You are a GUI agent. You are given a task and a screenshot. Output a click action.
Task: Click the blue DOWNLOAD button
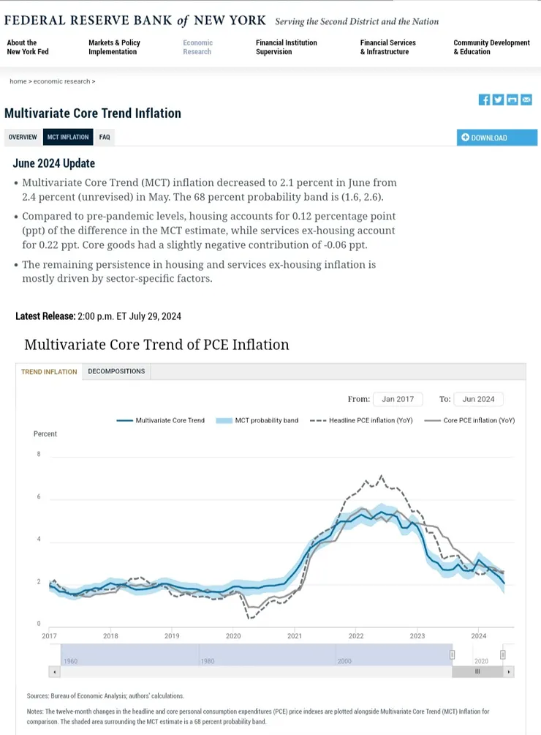pos(496,138)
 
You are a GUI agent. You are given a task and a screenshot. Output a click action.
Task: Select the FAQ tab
pos(105,137)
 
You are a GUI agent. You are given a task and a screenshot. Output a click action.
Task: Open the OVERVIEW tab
pos(23,137)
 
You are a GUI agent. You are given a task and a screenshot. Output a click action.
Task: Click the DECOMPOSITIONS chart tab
pos(116,371)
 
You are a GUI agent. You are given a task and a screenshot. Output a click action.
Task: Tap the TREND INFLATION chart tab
pos(49,372)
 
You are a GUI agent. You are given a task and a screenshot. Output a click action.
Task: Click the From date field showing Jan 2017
pos(398,399)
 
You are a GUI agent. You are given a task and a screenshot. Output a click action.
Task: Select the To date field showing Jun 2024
pos(478,399)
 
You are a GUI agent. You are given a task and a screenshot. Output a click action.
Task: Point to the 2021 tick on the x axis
pos(295,636)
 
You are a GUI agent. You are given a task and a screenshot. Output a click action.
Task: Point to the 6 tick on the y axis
pos(38,497)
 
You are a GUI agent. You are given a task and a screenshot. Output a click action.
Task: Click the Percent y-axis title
pos(45,434)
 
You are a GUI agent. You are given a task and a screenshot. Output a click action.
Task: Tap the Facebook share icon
pos(484,100)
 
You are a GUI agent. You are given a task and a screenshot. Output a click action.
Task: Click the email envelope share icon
pos(526,100)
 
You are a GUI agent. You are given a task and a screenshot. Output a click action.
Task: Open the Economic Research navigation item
pos(197,47)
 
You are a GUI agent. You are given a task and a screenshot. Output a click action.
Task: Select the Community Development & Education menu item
pos(491,47)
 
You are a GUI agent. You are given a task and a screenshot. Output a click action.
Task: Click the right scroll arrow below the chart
pos(509,671)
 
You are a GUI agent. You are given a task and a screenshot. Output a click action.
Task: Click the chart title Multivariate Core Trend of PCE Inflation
pos(156,344)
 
